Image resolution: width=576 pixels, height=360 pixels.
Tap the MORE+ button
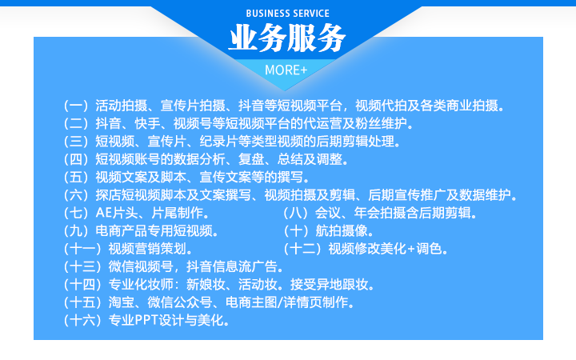click(x=287, y=70)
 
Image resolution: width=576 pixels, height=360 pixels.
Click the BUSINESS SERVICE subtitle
click(x=287, y=14)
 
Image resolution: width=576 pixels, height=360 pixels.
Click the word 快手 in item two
click(x=142, y=123)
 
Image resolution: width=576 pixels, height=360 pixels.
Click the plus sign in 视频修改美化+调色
click(x=412, y=249)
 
